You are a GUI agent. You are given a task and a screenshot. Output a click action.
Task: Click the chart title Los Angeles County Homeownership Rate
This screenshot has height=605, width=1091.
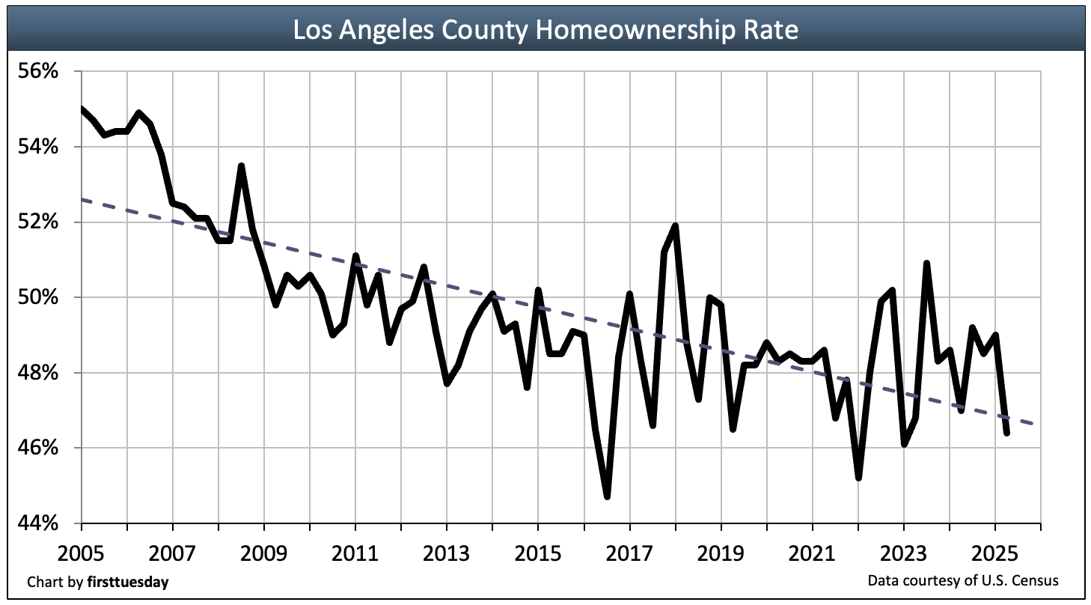tap(545, 30)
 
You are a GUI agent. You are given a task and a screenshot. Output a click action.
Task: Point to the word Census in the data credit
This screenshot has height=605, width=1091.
tap(1039, 581)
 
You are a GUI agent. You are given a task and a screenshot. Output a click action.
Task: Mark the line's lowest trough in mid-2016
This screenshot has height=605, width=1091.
tap(607, 496)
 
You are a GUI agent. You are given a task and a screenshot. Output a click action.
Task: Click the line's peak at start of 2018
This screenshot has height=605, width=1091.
tap(676, 225)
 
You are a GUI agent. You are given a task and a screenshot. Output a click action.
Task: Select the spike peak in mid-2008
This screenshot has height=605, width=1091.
tap(241, 165)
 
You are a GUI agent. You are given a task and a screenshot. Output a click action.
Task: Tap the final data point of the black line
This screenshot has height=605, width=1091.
tap(1006, 433)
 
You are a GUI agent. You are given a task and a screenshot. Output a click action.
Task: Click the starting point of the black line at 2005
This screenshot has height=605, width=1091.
tap(81, 109)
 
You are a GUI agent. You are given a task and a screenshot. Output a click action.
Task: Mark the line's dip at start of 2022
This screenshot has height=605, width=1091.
tap(858, 478)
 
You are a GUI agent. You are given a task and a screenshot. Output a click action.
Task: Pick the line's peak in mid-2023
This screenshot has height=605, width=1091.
tap(926, 264)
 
